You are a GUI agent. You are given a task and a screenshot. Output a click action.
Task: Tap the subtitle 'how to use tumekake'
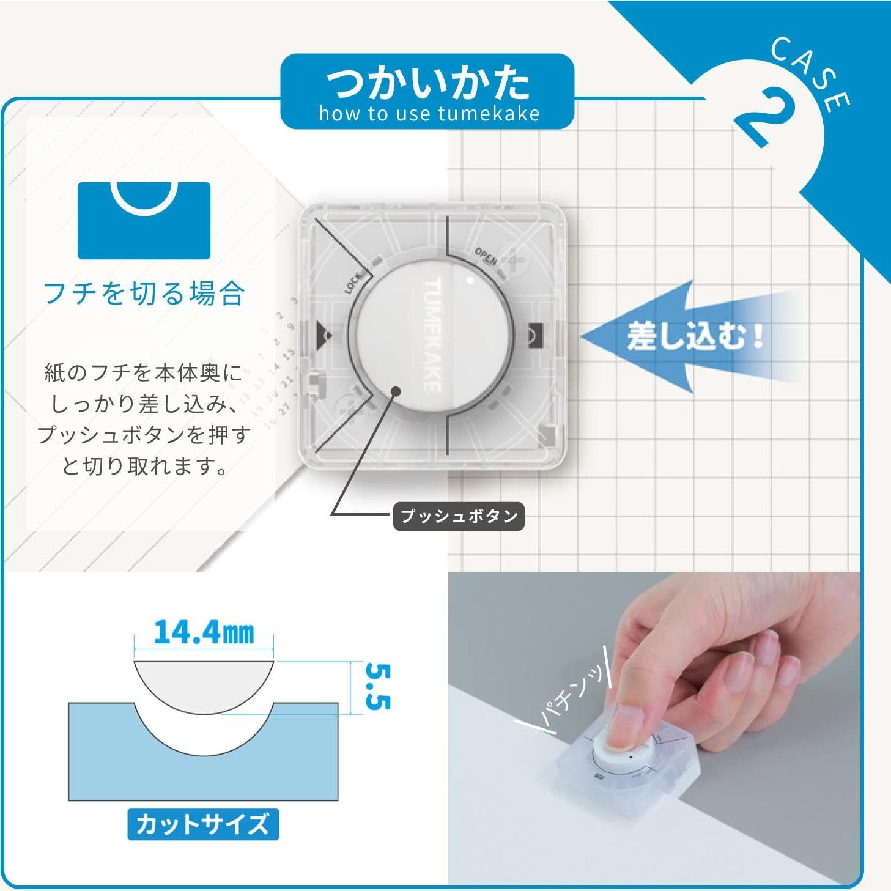tap(427, 114)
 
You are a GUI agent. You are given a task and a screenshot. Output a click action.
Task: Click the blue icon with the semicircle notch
tap(144, 220)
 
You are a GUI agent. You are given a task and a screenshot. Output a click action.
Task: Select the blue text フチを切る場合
tap(144, 293)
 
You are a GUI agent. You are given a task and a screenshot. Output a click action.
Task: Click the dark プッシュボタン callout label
tap(459, 516)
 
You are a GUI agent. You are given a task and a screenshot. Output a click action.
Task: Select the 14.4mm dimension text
tap(204, 632)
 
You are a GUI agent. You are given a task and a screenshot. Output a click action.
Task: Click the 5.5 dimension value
tap(377, 687)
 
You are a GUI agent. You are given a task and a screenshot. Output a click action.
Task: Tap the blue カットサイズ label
tap(202, 824)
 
